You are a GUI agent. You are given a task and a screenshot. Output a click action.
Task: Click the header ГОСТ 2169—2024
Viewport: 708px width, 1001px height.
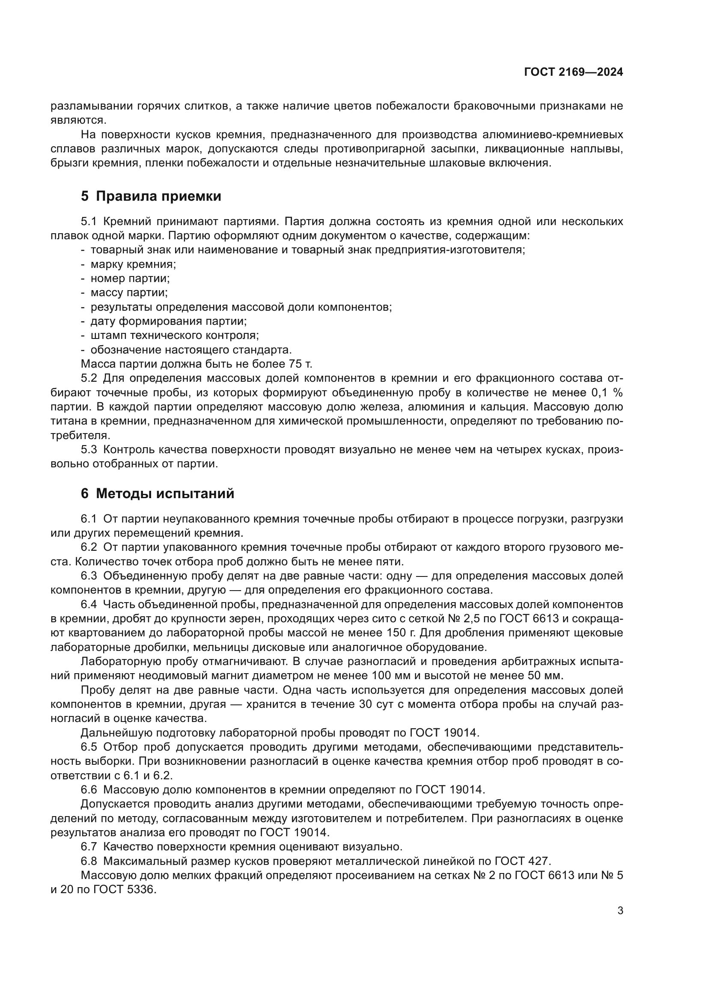573,72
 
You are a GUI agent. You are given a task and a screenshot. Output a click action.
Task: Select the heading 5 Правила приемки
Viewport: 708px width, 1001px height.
151,196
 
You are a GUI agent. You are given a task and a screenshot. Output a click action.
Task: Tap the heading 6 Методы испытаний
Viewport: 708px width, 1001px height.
158,493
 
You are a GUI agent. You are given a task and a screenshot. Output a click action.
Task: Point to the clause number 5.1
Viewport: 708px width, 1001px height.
89,222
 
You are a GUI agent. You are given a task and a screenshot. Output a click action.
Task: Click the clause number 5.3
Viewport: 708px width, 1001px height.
89,449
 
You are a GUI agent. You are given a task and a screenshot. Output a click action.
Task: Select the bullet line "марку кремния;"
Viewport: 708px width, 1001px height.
133,264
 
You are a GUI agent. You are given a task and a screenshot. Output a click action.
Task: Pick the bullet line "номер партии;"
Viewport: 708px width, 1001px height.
130,278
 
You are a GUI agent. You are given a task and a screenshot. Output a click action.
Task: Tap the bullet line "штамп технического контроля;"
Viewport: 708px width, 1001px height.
174,335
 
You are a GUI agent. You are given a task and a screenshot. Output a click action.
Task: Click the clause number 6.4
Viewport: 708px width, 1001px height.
89,604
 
